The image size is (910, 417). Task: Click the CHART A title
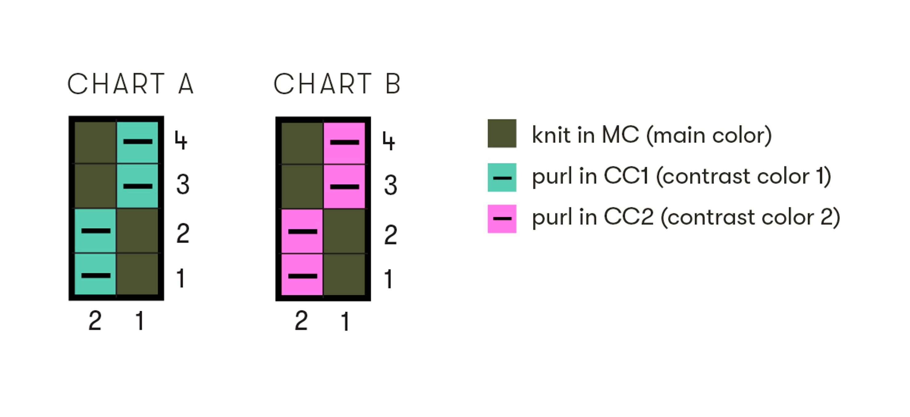tap(130, 84)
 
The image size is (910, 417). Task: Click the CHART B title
tap(337, 84)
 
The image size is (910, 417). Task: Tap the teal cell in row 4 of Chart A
tap(137, 142)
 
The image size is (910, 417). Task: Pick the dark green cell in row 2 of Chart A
tap(137, 231)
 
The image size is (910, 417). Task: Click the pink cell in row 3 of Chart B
tap(344, 186)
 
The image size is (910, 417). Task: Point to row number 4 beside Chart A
tap(181, 140)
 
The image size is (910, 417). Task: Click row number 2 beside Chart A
tap(183, 233)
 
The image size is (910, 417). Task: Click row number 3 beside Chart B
tap(390, 185)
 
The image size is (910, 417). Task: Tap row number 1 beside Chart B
tap(388, 279)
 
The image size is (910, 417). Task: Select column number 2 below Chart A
tap(95, 321)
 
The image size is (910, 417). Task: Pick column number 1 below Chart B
tap(345, 321)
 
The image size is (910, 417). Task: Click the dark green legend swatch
tap(502, 133)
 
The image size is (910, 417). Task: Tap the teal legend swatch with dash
tap(502, 178)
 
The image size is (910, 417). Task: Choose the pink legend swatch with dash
tap(502, 219)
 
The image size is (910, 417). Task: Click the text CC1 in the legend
tap(626, 176)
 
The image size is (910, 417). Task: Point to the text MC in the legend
tap(620, 135)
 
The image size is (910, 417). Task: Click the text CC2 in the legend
tap(628, 217)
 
